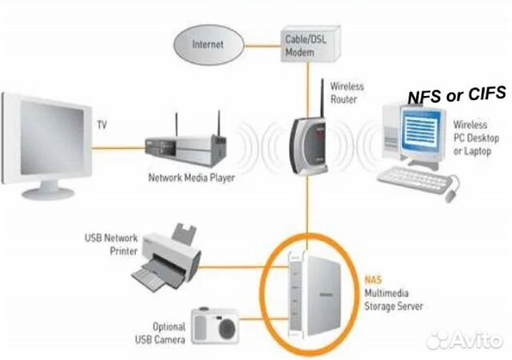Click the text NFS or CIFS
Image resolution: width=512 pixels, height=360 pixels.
[x=457, y=95]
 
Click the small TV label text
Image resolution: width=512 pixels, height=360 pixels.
[x=102, y=125]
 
